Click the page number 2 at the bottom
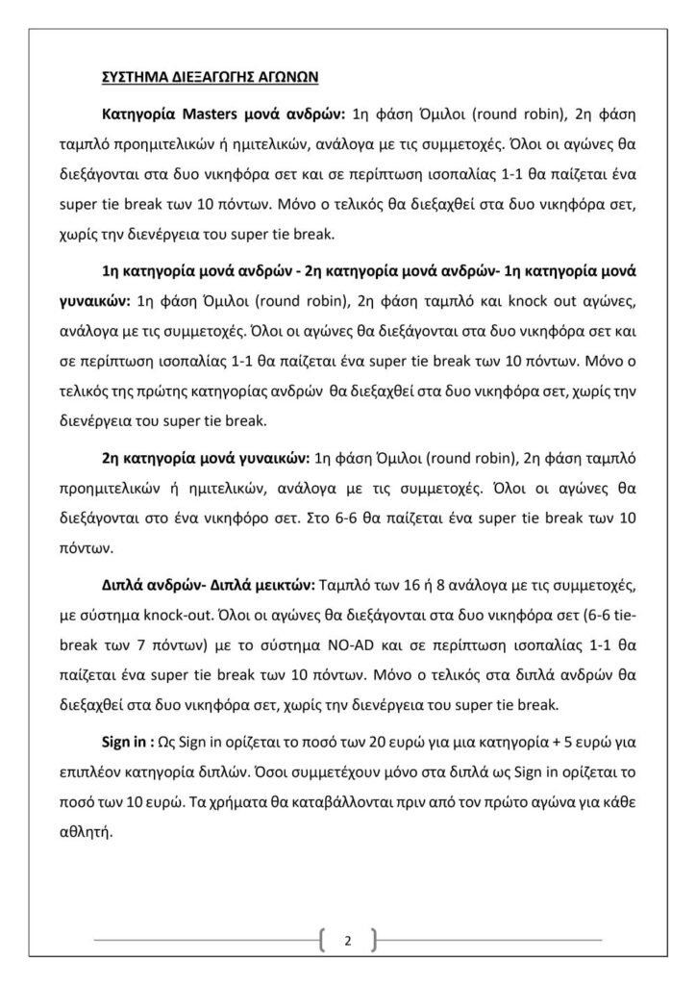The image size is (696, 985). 347,940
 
